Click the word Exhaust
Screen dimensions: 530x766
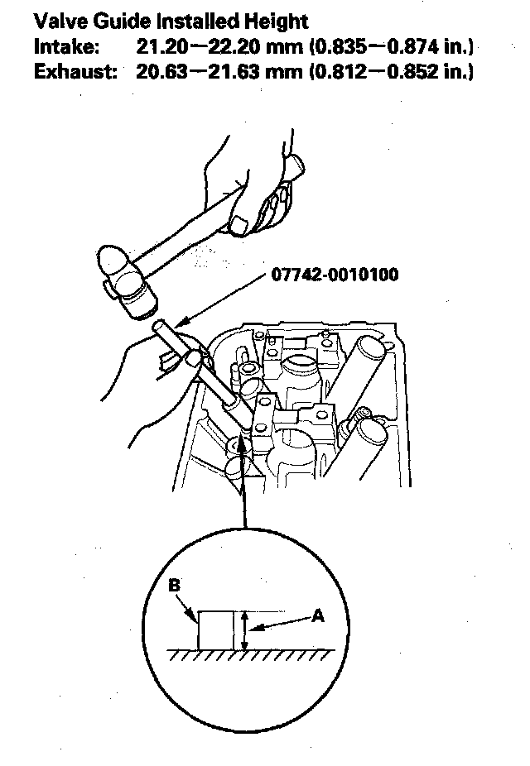(x=71, y=73)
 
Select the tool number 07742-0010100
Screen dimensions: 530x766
(x=334, y=274)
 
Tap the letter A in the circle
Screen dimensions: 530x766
(x=317, y=615)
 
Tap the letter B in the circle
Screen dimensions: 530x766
(x=175, y=586)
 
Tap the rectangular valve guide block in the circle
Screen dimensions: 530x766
(x=215, y=630)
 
